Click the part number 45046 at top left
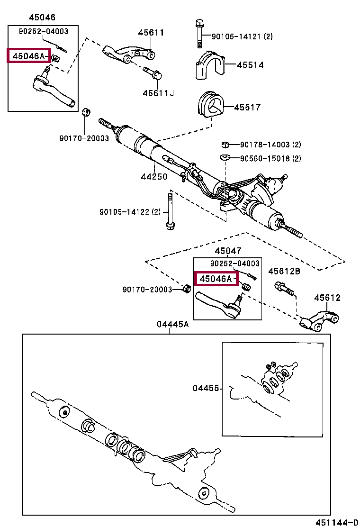tap(42, 18)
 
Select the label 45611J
tap(158, 93)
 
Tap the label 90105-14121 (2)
tap(242, 36)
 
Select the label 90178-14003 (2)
tap(270, 145)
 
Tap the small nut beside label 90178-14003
tap(226, 145)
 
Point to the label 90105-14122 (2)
tap(130, 212)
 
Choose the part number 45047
tap(227, 251)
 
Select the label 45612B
tap(284, 271)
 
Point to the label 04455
tap(206, 388)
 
